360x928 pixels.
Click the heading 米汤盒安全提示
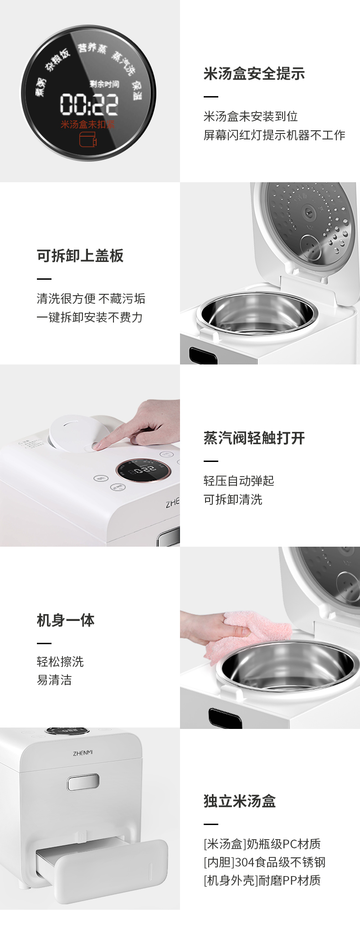point(254,74)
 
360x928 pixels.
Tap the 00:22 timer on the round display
point(89,104)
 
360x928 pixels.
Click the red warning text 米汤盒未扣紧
point(88,124)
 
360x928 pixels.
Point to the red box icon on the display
point(88,139)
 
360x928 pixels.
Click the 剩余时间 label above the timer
point(104,84)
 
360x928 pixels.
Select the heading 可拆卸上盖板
point(80,256)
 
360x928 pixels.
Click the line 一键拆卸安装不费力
point(90,318)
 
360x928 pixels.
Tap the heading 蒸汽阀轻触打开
point(254,438)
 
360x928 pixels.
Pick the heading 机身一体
point(66,620)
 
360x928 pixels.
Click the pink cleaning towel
point(257,631)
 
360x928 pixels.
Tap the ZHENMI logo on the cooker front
point(82,754)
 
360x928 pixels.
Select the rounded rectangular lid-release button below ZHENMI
point(83,782)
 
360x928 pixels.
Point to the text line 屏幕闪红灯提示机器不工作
point(274,135)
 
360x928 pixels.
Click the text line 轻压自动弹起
point(239,481)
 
